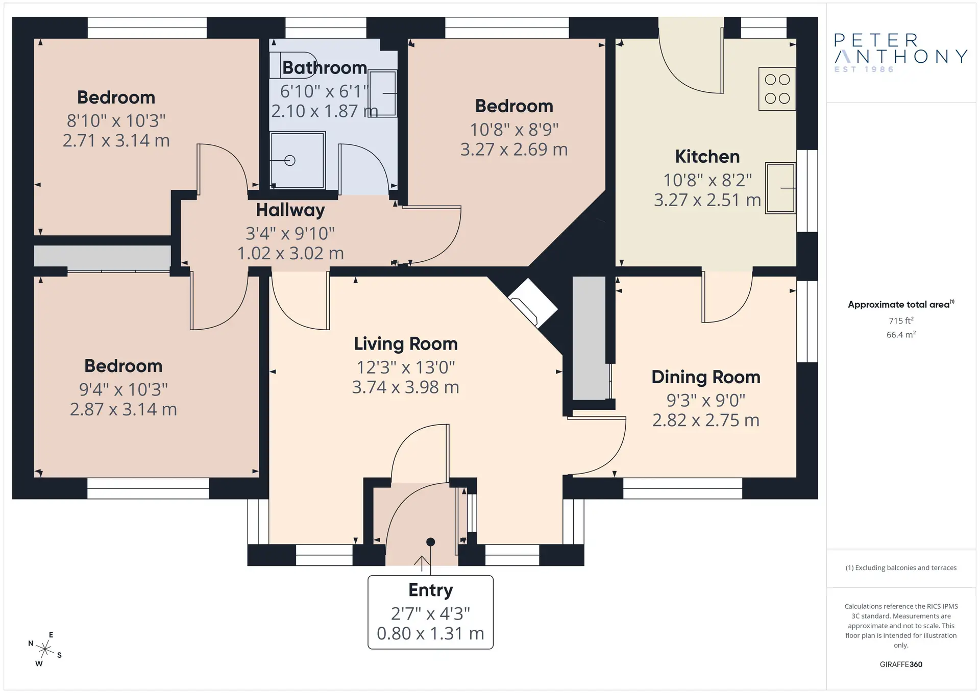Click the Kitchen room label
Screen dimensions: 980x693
(x=707, y=157)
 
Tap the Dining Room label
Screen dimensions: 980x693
(x=706, y=377)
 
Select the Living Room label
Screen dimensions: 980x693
(x=406, y=344)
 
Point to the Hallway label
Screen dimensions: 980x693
(x=290, y=210)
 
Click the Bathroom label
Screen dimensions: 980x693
(x=325, y=67)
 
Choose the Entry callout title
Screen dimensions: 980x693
(x=430, y=590)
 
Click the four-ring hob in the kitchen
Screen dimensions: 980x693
(x=777, y=89)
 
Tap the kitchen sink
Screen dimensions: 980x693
(x=780, y=188)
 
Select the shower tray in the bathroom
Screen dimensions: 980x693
(x=298, y=160)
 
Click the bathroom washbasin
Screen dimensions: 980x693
(x=383, y=93)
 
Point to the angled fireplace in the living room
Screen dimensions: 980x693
(x=532, y=303)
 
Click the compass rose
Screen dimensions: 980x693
(x=45, y=649)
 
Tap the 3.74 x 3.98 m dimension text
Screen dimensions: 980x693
(x=405, y=387)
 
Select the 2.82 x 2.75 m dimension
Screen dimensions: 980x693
(x=706, y=420)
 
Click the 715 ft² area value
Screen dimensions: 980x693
(x=901, y=320)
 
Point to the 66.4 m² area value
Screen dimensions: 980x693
(x=901, y=335)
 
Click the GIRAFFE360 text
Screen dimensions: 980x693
(x=901, y=664)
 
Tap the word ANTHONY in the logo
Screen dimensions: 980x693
(x=901, y=56)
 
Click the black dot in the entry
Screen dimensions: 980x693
(x=430, y=542)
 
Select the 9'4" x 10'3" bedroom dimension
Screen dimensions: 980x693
(x=123, y=390)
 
